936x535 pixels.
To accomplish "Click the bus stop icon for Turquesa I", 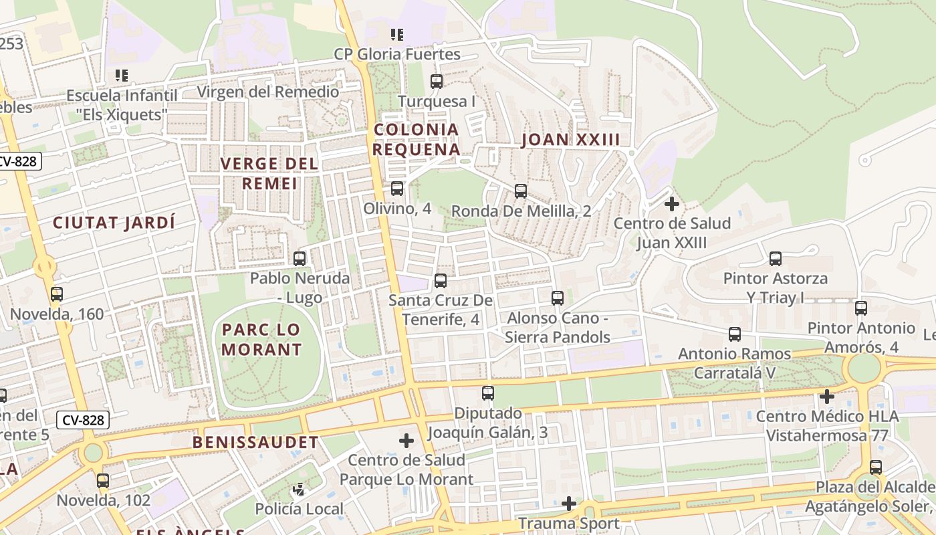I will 437,82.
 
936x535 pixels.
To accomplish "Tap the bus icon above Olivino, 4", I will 397,189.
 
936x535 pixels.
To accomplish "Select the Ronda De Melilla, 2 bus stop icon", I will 521,191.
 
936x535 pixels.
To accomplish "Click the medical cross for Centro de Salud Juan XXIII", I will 672,204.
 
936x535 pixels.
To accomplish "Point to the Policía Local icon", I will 299,490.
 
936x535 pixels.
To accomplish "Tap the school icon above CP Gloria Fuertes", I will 397,34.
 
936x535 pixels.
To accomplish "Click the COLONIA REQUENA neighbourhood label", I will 416,139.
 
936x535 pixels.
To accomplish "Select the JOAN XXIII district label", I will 570,140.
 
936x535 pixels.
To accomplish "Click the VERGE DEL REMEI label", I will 269,173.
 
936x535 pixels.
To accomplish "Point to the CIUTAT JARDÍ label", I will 114,223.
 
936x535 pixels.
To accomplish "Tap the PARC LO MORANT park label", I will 261,339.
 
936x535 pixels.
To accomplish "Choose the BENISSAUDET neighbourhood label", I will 255,442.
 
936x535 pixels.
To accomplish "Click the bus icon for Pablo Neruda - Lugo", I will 300,258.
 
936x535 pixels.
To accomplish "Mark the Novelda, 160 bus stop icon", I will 57,294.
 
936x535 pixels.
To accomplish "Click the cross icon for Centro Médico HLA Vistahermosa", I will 827,397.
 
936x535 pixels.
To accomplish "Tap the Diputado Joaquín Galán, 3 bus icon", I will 488,393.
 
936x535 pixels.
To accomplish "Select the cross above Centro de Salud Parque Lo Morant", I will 406,441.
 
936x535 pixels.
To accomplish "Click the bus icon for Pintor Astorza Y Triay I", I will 776,259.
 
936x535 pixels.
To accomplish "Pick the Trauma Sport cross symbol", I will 569,503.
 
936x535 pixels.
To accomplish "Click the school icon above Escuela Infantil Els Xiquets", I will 121,76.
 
